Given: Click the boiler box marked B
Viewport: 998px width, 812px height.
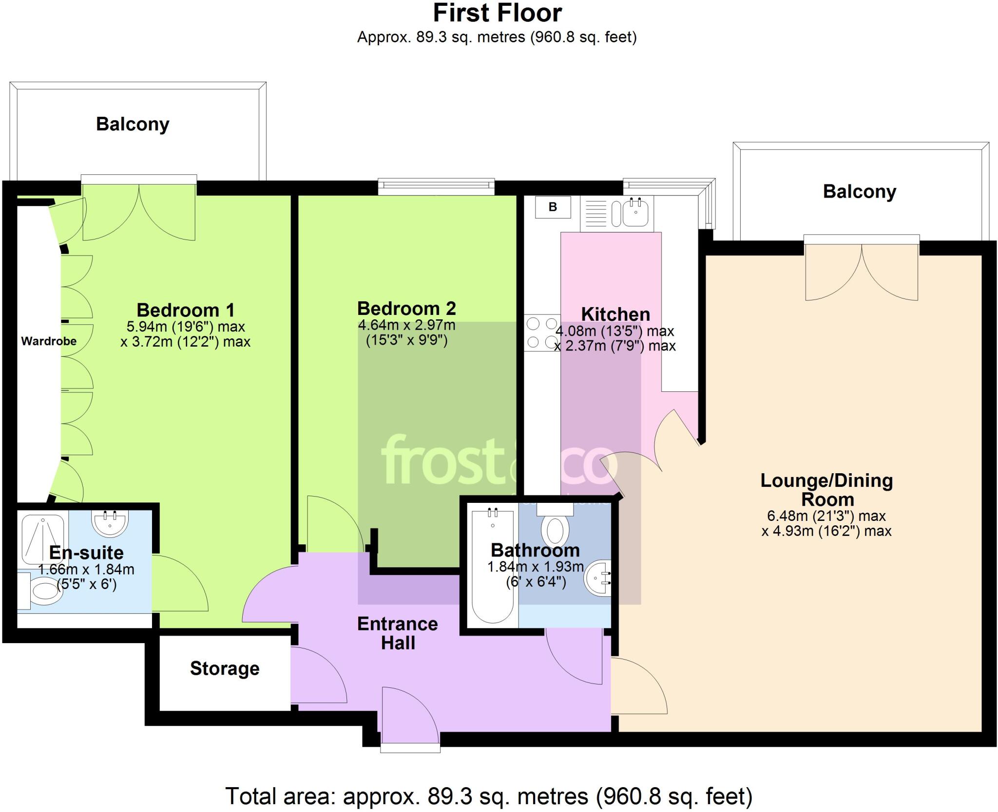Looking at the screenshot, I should click(553, 207).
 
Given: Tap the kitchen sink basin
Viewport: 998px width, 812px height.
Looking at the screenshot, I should click(635, 213).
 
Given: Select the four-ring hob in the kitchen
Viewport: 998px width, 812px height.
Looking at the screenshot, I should click(542, 333).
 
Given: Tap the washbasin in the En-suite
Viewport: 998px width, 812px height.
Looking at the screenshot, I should click(110, 523).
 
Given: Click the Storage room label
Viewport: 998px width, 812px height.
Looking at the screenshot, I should click(225, 668).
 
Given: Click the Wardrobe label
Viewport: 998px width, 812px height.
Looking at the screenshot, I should click(49, 341).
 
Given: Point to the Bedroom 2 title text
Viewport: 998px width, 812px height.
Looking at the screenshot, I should click(406, 308).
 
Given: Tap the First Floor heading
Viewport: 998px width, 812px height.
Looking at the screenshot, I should click(498, 13).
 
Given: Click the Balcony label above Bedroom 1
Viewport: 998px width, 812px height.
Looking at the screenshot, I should click(133, 124).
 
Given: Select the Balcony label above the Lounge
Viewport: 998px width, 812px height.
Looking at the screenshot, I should click(860, 191).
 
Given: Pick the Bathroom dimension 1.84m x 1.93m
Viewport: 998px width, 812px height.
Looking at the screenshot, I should click(536, 567).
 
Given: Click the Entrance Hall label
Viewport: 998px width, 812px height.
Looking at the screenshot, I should click(398, 633).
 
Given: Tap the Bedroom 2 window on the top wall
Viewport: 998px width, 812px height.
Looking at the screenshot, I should click(437, 186).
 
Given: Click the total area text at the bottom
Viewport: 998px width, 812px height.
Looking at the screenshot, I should click(489, 796).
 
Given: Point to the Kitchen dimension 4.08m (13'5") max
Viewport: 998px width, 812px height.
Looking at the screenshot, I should click(615, 331).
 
